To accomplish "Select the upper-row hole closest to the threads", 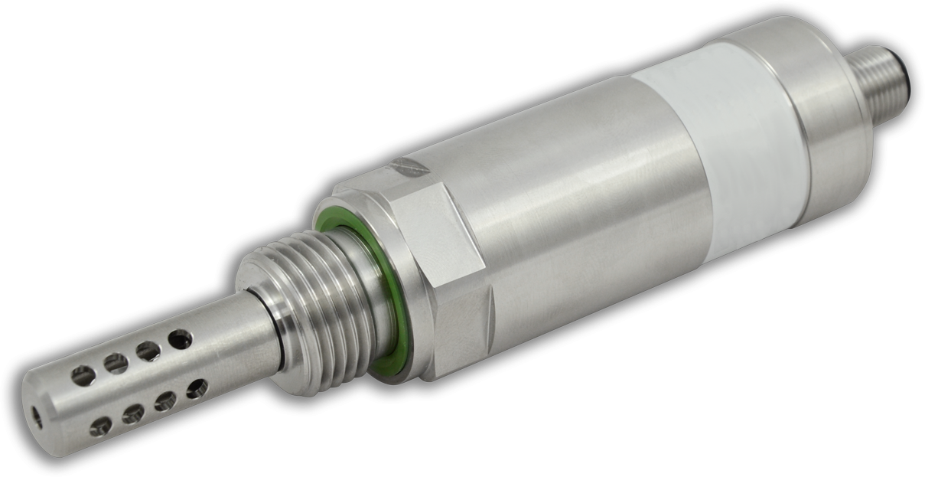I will pyautogui.click(x=181, y=337).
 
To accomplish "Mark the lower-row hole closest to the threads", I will pyautogui.click(x=196, y=387).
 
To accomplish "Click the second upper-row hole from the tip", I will pyautogui.click(x=115, y=362).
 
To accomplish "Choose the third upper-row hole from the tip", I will pyautogui.click(x=148, y=350).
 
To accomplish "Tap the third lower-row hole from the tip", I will pyautogui.click(x=164, y=400).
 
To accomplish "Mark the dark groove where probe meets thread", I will pyautogui.click(x=279, y=337).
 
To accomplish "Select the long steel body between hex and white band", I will pyautogui.click(x=581, y=191).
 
